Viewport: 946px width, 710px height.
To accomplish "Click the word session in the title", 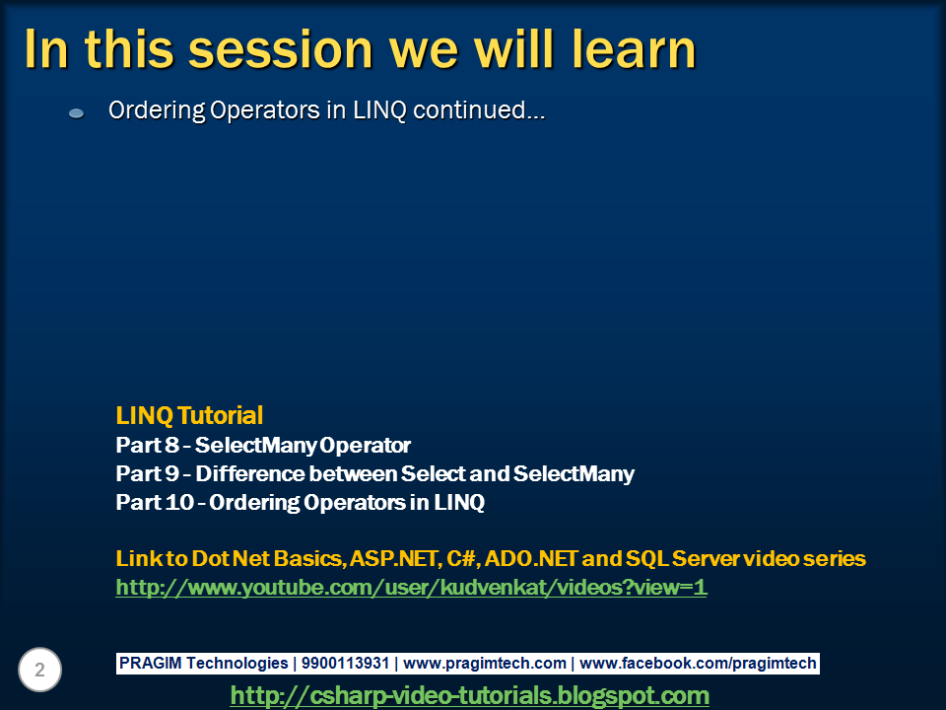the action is (281, 49).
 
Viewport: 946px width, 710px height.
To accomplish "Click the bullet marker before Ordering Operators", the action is (76, 112).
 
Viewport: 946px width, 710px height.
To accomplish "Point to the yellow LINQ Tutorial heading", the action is (189, 415).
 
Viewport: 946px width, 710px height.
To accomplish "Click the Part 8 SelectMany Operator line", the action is (263, 446).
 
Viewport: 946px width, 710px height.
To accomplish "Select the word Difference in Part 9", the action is (250, 474).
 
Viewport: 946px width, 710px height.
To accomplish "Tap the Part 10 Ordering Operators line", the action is (301, 502).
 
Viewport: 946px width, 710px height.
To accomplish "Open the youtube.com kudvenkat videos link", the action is (411, 588).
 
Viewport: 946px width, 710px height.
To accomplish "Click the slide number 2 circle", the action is (39, 670).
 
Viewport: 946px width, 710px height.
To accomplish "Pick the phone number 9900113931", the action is (345, 663).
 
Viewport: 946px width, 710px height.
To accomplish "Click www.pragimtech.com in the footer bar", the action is (485, 663).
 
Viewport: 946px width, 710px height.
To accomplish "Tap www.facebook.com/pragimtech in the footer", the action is (698, 663).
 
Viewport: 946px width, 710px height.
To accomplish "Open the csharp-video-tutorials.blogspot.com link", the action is (470, 695).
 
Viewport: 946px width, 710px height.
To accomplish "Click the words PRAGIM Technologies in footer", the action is (203, 663).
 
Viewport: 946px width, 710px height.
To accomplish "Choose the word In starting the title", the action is (47, 49).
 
